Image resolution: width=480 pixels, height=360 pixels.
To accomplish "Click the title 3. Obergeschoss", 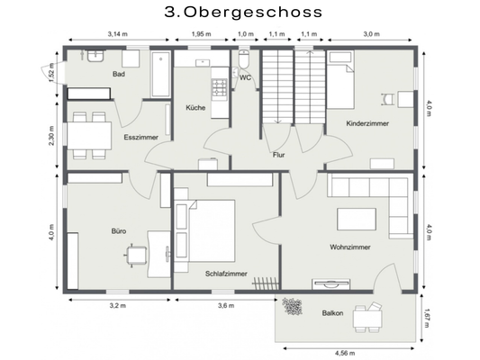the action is click(243, 13).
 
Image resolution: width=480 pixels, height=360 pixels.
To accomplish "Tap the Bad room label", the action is click(119, 74).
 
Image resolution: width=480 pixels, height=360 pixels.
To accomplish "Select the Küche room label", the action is click(195, 108).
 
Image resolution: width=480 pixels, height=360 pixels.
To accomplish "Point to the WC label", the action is click(245, 77).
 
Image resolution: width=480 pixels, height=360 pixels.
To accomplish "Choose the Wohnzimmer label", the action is click(350, 247).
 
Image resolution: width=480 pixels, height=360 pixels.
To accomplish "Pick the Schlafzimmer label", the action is click(226, 274).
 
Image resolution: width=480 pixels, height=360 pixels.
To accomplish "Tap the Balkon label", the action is click(332, 313).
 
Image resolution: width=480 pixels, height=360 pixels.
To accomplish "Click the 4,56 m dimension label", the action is click(345, 354).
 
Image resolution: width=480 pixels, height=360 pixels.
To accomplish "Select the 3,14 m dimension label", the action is click(118, 34).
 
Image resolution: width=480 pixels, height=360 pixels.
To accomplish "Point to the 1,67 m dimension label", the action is click(427, 318).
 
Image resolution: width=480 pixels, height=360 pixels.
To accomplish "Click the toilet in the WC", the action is click(244, 59).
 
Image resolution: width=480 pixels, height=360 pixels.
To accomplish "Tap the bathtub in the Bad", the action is click(160, 75).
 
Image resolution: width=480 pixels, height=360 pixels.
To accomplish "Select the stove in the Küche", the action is click(220, 87).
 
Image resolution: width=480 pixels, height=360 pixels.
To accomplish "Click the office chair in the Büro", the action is click(137, 255).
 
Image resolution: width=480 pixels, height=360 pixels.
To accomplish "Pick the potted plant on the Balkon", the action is click(292, 306).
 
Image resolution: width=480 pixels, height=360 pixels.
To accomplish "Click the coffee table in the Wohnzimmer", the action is click(357, 219).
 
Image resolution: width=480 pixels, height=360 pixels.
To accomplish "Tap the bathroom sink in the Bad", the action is click(95, 56).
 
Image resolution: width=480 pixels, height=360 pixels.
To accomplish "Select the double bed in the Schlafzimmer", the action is click(212, 231).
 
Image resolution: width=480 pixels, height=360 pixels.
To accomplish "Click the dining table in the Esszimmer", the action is click(89, 136).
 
